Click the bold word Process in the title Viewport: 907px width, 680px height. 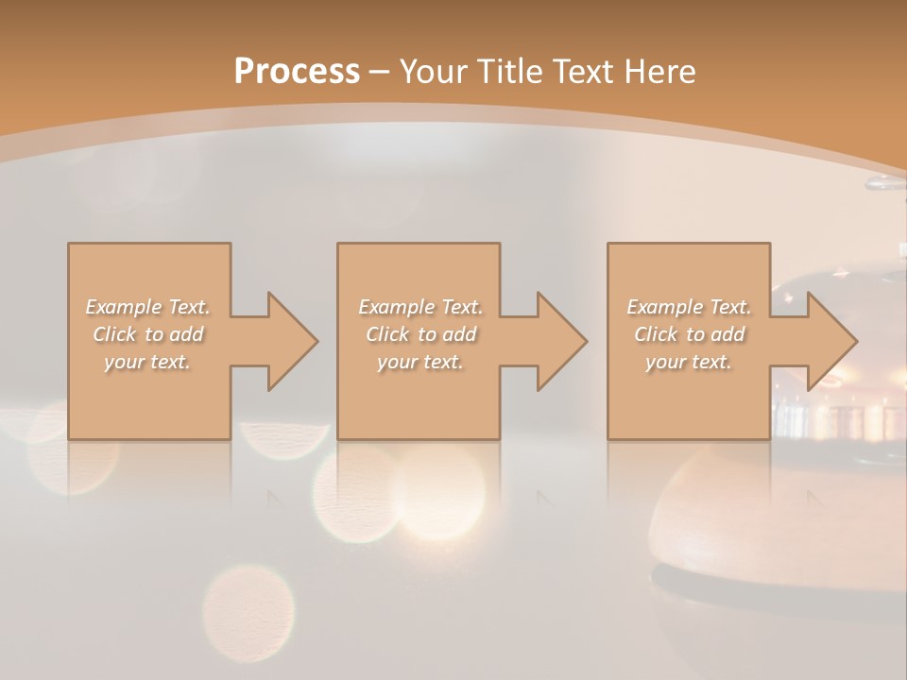pyautogui.click(x=297, y=72)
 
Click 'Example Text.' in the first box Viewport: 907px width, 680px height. pyautogui.click(x=148, y=307)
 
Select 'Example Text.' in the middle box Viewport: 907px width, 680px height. pyautogui.click(x=420, y=307)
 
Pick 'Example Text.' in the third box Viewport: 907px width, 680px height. pyautogui.click(x=689, y=307)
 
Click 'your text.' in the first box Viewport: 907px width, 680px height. pyautogui.click(x=148, y=362)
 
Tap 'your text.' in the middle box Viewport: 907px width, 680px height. pyautogui.click(x=420, y=362)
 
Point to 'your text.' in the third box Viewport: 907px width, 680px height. pyautogui.click(x=689, y=362)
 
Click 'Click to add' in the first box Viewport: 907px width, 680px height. pyautogui.click(x=148, y=334)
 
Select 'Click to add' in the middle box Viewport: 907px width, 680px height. pyautogui.click(x=420, y=334)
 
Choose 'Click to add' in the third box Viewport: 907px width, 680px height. pyautogui.click(x=689, y=334)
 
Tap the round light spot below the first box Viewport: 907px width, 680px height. pyautogui.click(x=248, y=604)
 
